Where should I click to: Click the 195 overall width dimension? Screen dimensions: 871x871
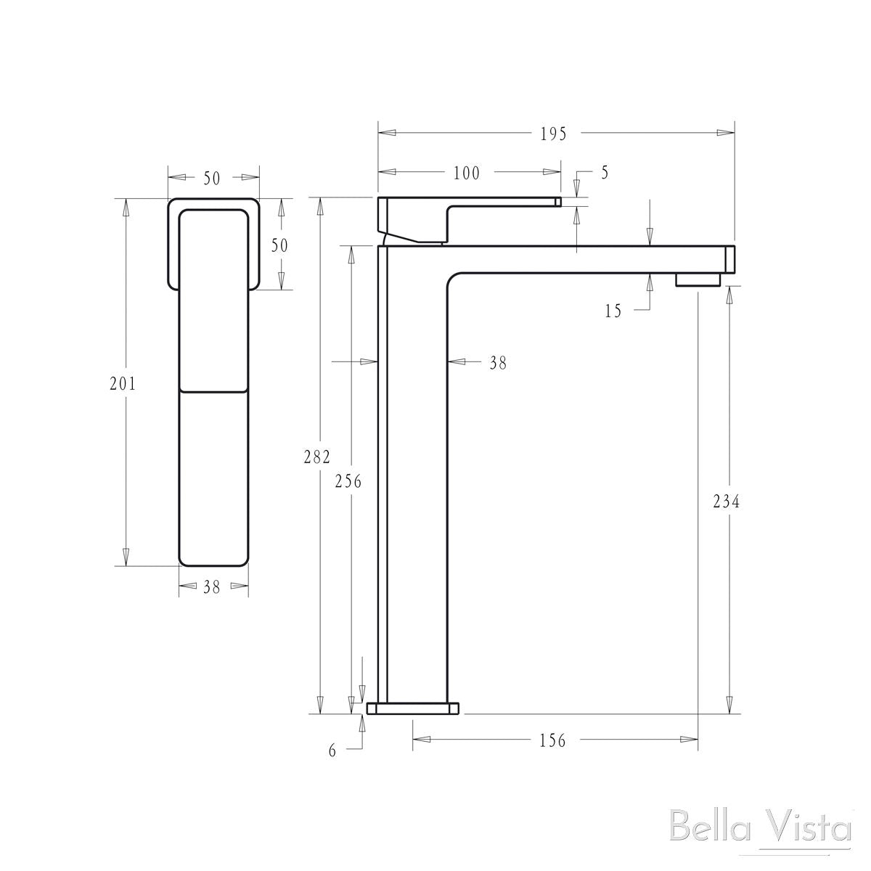[x=552, y=134]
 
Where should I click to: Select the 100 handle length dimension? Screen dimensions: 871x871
[x=467, y=173]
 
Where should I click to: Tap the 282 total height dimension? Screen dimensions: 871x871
[x=317, y=457]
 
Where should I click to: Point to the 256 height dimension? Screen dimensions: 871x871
[x=348, y=481]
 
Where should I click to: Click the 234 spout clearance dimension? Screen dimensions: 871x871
[x=726, y=501]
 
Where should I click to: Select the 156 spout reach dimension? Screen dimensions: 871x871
[x=552, y=740]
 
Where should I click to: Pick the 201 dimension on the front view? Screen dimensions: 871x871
[x=123, y=384]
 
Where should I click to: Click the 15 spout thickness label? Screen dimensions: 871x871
[x=613, y=311]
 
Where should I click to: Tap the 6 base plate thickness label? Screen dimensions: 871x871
[x=332, y=751]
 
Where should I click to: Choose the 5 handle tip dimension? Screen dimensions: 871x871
[x=605, y=173]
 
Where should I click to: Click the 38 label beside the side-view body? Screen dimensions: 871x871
[x=497, y=363]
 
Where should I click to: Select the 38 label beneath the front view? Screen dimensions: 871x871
[x=211, y=588]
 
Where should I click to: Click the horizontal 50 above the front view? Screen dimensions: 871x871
[x=211, y=179]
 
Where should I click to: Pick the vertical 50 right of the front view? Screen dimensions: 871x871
[x=279, y=245]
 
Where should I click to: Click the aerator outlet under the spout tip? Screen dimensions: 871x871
[x=698, y=279]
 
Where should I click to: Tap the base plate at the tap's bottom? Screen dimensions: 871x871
[x=414, y=708]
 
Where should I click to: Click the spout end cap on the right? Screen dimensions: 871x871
[x=730, y=259]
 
